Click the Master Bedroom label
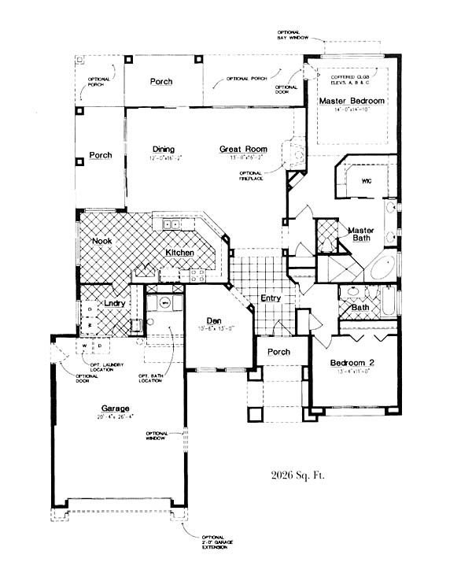click(351, 102)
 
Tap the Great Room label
click(243, 149)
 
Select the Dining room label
click(163, 150)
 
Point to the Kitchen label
click(179, 253)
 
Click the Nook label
click(101, 241)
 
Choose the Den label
click(212, 320)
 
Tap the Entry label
click(271, 298)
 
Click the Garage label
click(114, 408)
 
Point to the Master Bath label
click(361, 234)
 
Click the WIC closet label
click(366, 181)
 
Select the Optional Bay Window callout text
click(306, 32)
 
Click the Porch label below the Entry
click(279, 351)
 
